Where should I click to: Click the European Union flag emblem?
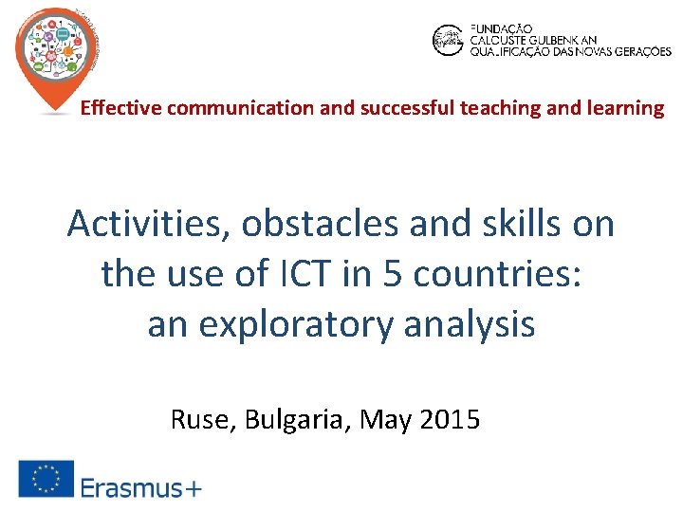coord(45,479)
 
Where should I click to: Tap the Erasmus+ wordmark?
coord(140,488)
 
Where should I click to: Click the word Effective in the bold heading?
coord(121,108)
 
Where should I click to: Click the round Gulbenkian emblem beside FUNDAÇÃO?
coord(447,40)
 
